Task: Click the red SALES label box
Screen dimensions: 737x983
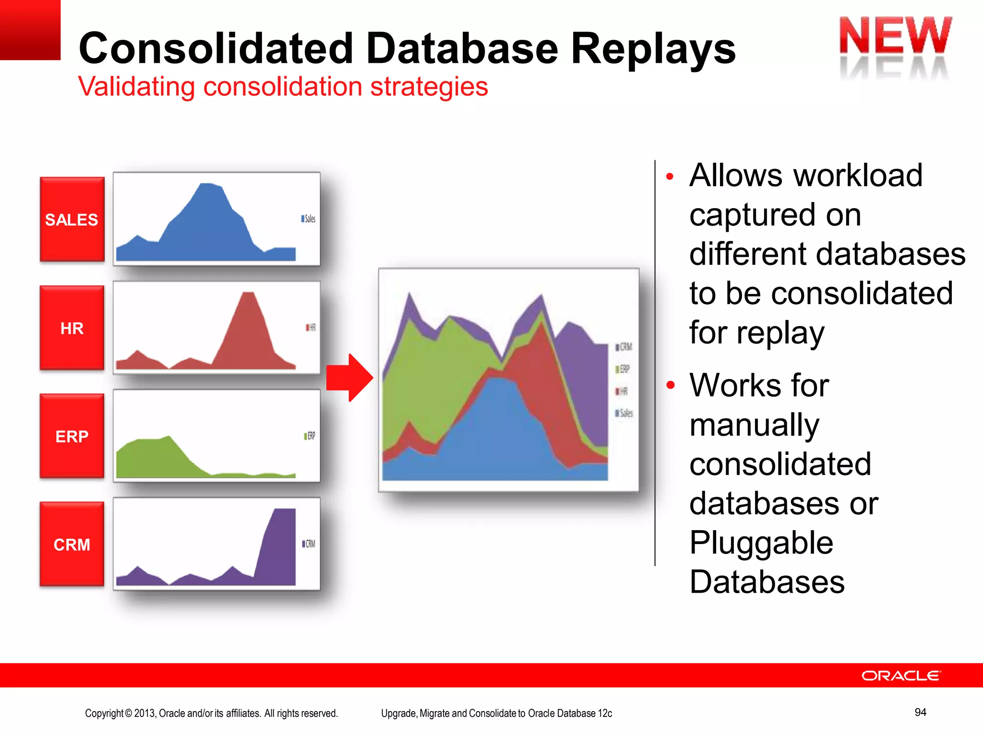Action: point(72,219)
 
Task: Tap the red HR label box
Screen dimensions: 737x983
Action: point(72,328)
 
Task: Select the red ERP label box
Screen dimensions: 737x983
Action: point(72,436)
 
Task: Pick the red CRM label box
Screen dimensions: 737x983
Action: point(72,545)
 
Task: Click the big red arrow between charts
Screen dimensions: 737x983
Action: point(349,378)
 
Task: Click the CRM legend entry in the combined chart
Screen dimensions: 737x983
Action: point(624,346)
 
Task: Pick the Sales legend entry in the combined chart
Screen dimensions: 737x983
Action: point(624,413)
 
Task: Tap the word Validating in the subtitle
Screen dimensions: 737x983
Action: point(137,87)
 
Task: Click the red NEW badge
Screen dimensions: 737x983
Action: point(895,36)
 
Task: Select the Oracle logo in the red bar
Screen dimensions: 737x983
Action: point(901,676)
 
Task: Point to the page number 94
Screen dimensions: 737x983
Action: point(920,712)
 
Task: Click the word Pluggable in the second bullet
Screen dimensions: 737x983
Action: point(761,543)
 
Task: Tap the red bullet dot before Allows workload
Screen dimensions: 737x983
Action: point(670,177)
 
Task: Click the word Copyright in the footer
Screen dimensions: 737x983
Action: point(104,713)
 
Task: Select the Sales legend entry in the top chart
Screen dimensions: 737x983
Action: point(308,219)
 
